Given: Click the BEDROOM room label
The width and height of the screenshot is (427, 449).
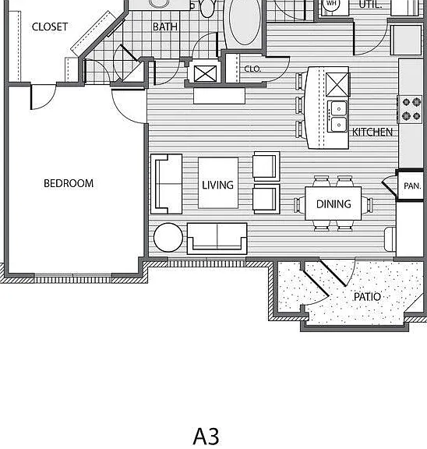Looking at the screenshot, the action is coord(69,183).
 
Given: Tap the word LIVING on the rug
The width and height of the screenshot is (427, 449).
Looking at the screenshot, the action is coord(218,185).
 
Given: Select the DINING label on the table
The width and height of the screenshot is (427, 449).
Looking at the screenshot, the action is coord(333,204).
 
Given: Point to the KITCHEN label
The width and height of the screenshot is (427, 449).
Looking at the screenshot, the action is coord(372,132).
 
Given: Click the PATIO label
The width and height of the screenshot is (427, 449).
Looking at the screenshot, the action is coord(368,297).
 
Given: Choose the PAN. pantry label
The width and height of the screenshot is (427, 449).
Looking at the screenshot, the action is coord(412,186).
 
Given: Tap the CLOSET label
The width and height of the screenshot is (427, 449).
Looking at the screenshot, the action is coord(50,27).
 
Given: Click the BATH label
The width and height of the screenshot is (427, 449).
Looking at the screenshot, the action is coord(165,27).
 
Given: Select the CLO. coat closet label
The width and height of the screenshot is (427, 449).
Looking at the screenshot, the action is coord(252,69).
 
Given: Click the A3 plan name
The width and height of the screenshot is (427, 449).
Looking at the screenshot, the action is coord(206,437).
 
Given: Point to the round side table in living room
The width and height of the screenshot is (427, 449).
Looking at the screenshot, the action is coord(168,238).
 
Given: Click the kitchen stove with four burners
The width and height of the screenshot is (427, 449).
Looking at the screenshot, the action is coord(410,109).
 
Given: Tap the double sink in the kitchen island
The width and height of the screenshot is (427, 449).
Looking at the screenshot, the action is coord(338,116).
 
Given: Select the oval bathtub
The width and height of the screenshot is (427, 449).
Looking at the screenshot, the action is coord(245,22).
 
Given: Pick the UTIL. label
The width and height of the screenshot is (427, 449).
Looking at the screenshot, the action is coord(370,5).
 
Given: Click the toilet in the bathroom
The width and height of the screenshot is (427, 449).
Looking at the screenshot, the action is coord(206,8).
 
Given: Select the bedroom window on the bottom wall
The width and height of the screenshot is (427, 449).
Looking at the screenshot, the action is coord(73,278).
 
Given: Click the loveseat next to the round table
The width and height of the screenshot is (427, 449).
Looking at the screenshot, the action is coord(217,239).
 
